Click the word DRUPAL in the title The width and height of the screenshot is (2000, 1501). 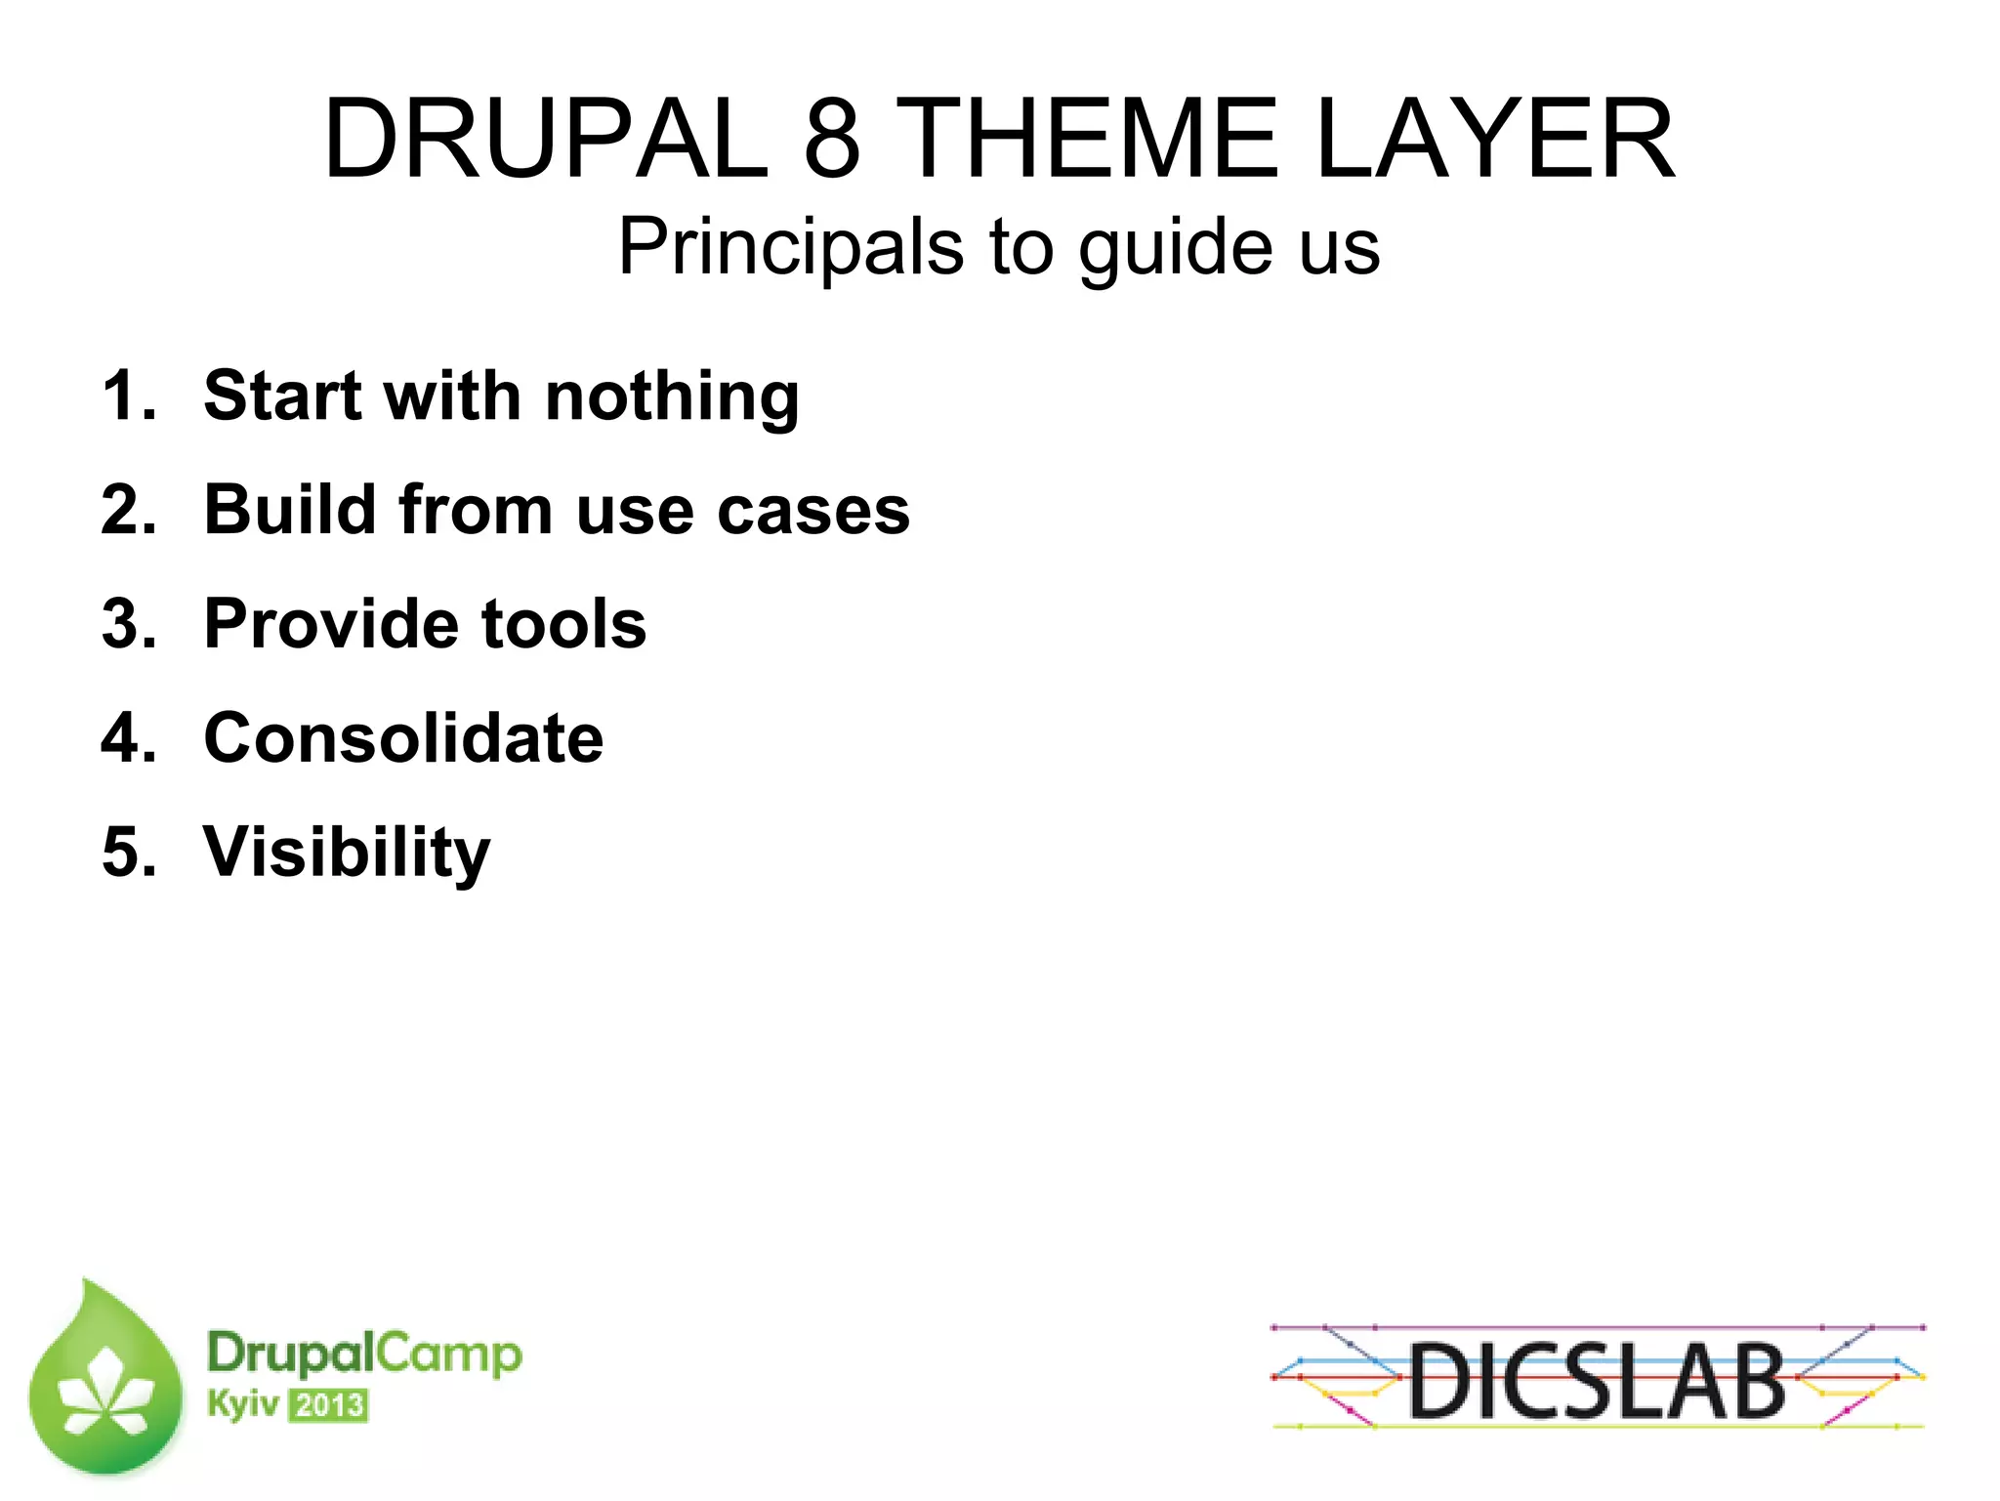click(546, 139)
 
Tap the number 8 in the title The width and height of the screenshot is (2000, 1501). click(832, 139)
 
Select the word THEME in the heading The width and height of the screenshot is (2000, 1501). click(1086, 139)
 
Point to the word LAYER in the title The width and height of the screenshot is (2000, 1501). click(1494, 139)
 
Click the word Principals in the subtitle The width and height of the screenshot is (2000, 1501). click(791, 248)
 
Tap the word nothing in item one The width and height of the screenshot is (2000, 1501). click(672, 397)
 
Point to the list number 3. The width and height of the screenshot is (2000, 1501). click(128, 623)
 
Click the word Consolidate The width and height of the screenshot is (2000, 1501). click(403, 737)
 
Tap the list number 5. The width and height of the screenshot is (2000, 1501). click(128, 852)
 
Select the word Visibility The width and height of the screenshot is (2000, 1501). click(346, 853)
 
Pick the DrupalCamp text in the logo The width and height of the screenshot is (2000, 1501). click(364, 1355)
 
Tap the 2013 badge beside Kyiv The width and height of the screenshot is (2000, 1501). click(329, 1405)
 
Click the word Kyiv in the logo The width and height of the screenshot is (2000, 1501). click(242, 1405)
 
